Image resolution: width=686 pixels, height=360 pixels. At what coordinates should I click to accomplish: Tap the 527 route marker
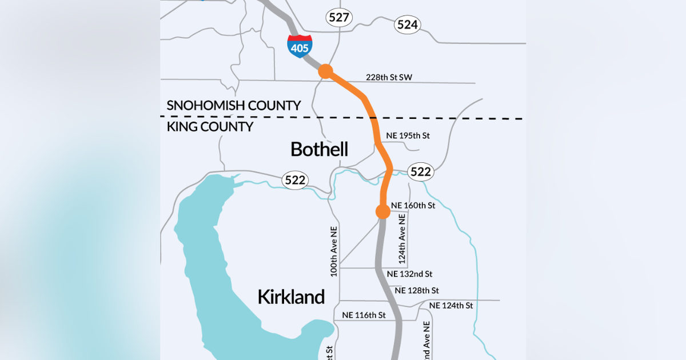click(339, 17)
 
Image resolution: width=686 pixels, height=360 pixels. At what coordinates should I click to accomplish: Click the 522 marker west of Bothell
click(295, 181)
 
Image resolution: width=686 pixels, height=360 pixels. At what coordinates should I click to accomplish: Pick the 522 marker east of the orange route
click(420, 171)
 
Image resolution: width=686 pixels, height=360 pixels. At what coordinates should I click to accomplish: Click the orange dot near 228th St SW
click(325, 71)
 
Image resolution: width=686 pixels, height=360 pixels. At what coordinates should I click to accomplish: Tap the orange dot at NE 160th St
click(382, 211)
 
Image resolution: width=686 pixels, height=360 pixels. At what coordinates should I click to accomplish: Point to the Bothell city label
click(319, 150)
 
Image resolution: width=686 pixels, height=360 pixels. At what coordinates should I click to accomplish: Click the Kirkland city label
click(291, 297)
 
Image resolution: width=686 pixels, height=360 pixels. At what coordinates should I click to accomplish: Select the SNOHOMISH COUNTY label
click(233, 106)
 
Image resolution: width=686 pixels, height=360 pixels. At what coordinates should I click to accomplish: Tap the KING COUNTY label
click(210, 127)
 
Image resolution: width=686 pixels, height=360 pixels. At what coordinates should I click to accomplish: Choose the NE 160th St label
click(413, 205)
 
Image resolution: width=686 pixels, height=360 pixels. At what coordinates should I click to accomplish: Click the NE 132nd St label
click(409, 274)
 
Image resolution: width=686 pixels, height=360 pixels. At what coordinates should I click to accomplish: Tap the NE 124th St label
click(450, 306)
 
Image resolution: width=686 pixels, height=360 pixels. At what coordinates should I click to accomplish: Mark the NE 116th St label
click(364, 315)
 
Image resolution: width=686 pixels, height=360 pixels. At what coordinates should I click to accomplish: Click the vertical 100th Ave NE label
click(334, 251)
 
